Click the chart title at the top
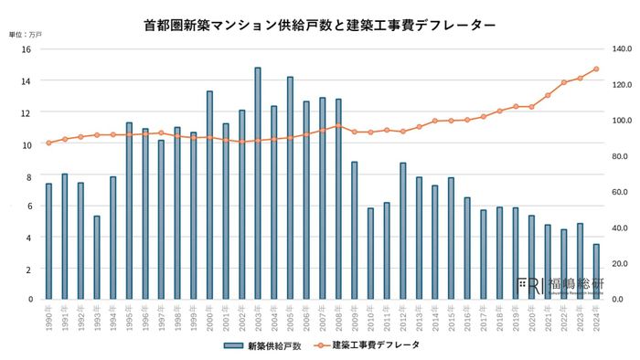320,26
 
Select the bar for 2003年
258,183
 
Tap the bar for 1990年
48,241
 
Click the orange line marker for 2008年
338,126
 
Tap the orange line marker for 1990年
48,143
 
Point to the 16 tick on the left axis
27,49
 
